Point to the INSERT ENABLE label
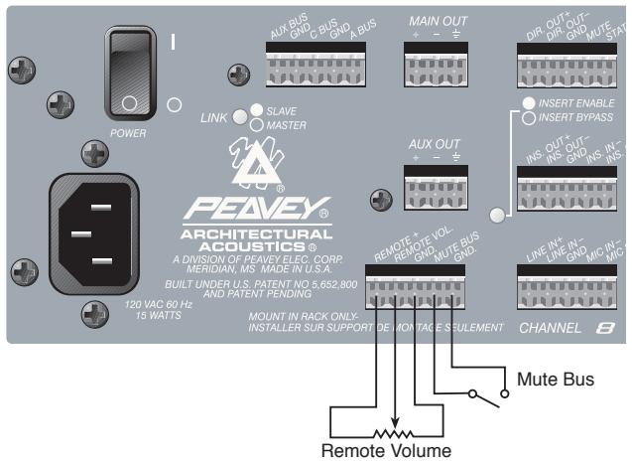579,103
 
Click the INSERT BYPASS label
579,117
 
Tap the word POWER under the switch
126,128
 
